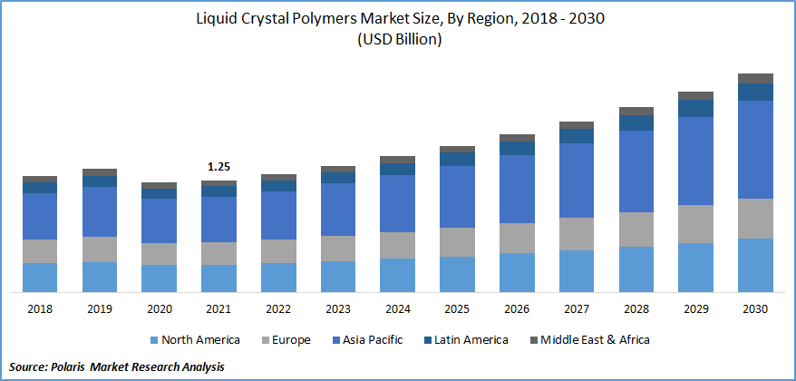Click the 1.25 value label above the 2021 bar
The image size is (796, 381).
pyautogui.click(x=218, y=167)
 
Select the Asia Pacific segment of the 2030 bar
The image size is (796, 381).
pyautogui.click(x=755, y=149)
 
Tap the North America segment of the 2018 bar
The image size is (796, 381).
pyautogui.click(x=40, y=277)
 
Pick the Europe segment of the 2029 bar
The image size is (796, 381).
pyautogui.click(x=695, y=223)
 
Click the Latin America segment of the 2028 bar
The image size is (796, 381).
pyautogui.click(x=636, y=122)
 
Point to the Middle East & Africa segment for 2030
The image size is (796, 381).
pyautogui.click(x=755, y=78)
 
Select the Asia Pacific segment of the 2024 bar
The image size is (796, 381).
pyautogui.click(x=397, y=203)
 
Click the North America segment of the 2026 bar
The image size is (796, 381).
pyautogui.click(x=517, y=272)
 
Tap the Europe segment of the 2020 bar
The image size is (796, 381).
pyautogui.click(x=160, y=253)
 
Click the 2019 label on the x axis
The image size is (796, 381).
pyautogui.click(x=99, y=309)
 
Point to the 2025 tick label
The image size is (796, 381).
pyautogui.click(x=457, y=309)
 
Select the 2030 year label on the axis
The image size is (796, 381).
pyautogui.click(x=755, y=309)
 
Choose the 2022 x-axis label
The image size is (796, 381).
pyautogui.click(x=278, y=309)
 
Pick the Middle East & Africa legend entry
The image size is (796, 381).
pyautogui.click(x=595, y=340)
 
